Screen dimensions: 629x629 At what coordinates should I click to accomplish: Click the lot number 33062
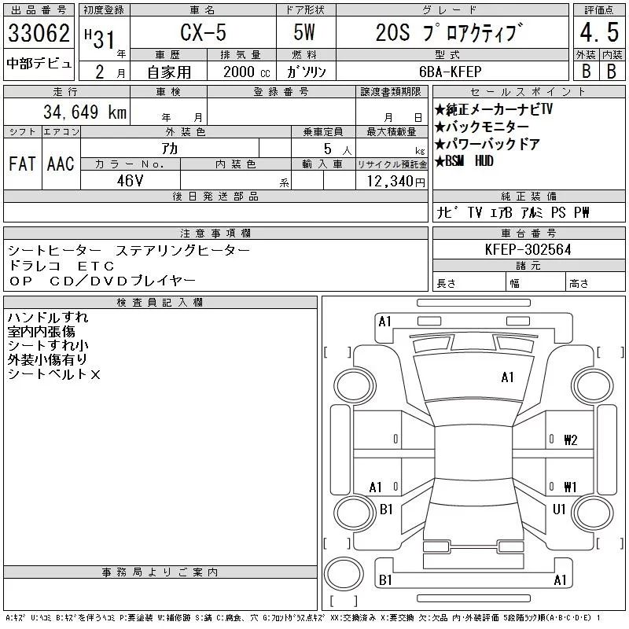tap(39, 32)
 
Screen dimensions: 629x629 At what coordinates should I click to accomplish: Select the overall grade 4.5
tap(599, 32)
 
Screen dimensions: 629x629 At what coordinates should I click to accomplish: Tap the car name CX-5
tap(203, 32)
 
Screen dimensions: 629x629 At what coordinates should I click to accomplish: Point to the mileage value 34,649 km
tap(85, 112)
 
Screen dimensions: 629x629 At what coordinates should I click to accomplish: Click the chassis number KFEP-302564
tap(528, 249)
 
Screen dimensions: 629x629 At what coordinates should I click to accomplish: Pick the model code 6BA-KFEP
tap(450, 72)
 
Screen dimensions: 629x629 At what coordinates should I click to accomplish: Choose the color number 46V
tap(130, 181)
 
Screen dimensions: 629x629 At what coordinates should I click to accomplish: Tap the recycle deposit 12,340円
tap(396, 182)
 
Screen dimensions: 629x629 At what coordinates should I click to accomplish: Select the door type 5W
tap(304, 32)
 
